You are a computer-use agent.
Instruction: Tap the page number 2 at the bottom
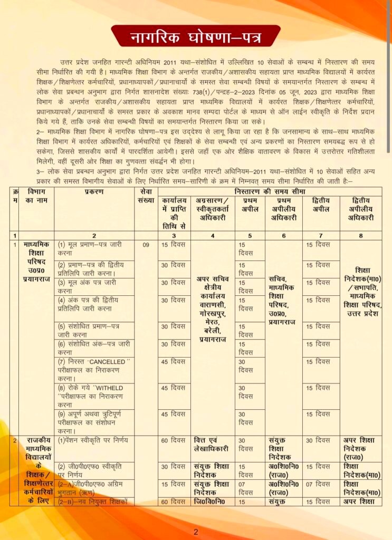(196, 532)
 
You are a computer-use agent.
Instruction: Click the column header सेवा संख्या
(146, 197)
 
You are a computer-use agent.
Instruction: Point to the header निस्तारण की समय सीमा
(270, 189)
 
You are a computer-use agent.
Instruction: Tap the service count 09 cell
(146, 245)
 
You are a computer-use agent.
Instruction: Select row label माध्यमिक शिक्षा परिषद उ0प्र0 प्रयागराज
(36, 262)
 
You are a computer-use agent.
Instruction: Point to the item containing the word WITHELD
(93, 396)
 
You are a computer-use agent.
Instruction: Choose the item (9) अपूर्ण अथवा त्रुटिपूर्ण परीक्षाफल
(93, 422)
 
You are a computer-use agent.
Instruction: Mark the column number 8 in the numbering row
(361, 235)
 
